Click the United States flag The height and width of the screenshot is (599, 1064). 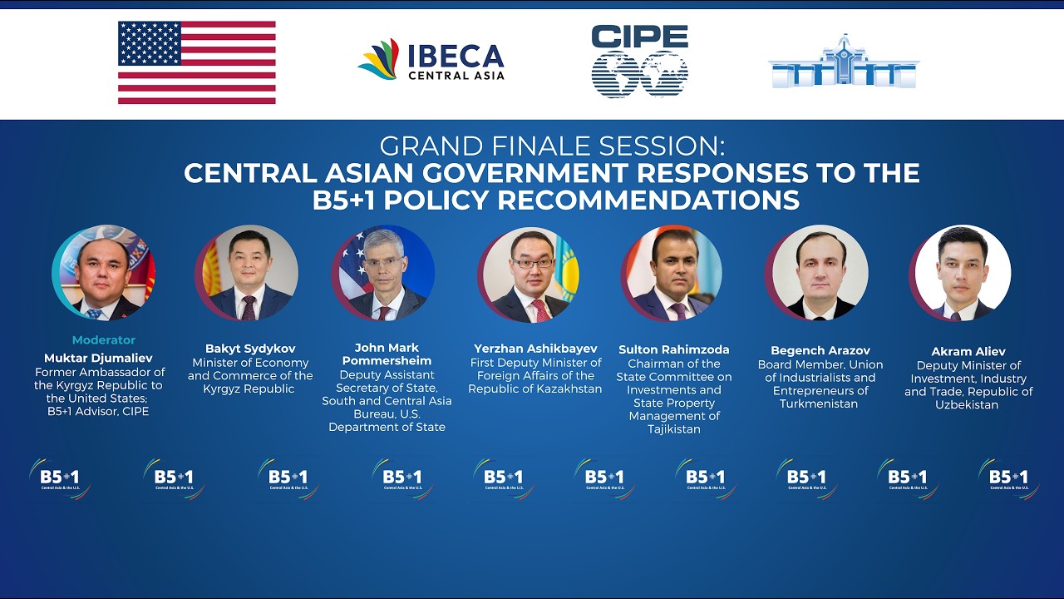point(196,62)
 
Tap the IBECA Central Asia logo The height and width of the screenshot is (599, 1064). point(431,61)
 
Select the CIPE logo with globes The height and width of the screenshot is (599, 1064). point(639,61)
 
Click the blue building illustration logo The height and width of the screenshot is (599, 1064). point(843,62)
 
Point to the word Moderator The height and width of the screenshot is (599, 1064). point(103,339)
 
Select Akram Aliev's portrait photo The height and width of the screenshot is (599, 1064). point(962,275)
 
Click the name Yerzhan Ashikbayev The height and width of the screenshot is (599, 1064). point(534,349)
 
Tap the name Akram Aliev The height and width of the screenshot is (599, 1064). point(968,351)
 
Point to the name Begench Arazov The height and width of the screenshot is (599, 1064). point(820,351)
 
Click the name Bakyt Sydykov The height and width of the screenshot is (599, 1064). point(250,349)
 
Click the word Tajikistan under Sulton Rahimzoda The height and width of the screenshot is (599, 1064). point(674,429)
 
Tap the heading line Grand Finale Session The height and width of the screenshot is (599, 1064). point(551,146)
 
